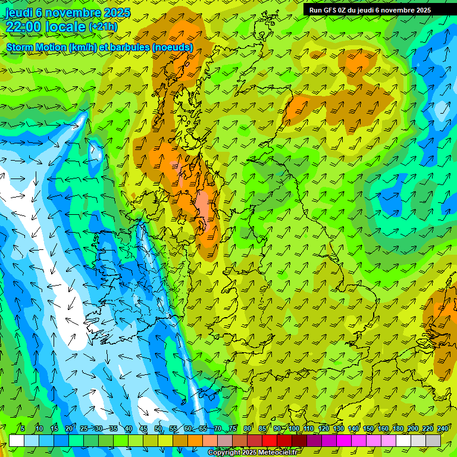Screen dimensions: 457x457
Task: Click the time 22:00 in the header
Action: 25,26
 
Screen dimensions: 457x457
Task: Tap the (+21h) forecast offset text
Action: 103,27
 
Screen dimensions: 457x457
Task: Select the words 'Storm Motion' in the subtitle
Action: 36,47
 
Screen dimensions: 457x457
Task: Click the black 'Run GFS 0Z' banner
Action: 370,10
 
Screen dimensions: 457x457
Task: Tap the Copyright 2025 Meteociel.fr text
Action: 252,453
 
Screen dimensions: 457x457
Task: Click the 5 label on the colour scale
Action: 23,428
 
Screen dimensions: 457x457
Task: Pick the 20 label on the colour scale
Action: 68,428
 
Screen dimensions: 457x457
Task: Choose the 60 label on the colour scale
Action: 188,428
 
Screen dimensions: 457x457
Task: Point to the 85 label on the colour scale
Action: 262,428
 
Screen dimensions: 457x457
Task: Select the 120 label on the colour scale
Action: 324,428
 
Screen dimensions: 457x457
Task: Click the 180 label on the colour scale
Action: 398,428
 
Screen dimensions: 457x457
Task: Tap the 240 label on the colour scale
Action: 443,428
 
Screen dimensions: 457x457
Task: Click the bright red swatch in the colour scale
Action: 270,440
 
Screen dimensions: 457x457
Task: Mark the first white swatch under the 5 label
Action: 17,440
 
